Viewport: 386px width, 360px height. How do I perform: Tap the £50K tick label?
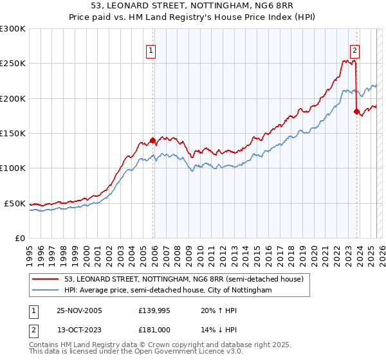[15, 203]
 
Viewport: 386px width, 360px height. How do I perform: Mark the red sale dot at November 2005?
[152, 140]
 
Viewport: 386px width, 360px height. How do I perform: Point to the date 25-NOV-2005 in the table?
[79, 311]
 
